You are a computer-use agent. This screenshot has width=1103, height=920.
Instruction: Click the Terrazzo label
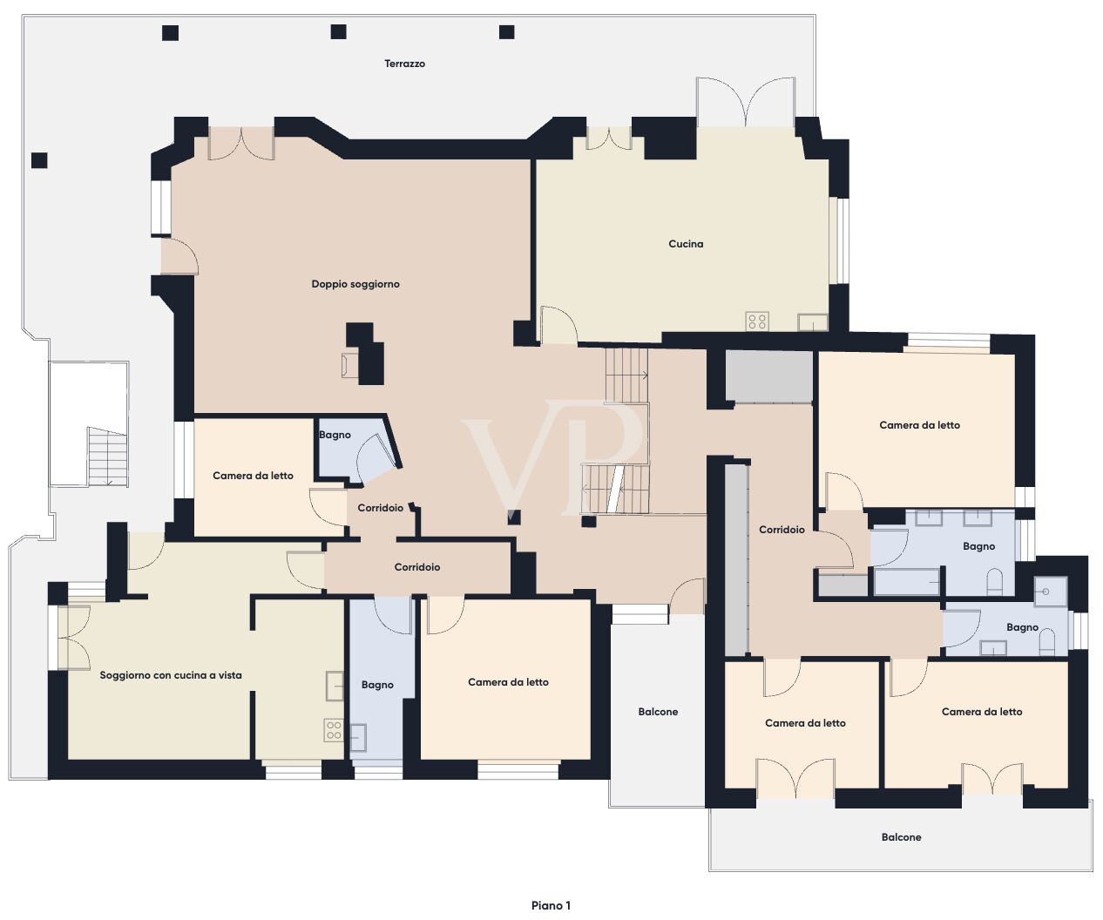coord(404,64)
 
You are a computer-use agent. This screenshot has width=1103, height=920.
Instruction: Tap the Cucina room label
coord(686,244)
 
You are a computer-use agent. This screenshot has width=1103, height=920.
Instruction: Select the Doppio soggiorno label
coord(355,284)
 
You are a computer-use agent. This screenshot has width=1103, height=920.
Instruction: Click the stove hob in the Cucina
coord(757,321)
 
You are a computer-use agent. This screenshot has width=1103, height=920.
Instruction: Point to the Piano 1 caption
coord(551,905)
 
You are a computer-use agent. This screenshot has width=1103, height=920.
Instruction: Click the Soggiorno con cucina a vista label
coord(171,675)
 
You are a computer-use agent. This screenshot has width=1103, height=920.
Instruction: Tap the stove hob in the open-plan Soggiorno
coord(333,730)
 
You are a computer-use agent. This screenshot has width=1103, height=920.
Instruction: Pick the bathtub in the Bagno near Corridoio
coord(907,581)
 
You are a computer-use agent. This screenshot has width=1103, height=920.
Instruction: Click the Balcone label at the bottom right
coord(901,837)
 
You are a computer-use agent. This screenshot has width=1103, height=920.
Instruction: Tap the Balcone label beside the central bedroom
coord(658,712)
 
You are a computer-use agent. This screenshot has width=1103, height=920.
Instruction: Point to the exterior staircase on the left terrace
coord(107,457)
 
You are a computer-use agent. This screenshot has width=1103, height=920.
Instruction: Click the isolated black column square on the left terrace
coord(39,160)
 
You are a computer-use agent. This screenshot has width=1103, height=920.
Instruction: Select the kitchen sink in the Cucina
coord(813,322)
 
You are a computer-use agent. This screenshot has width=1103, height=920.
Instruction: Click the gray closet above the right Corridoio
coord(768,376)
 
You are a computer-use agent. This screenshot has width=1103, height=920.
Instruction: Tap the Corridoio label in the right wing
coord(782,530)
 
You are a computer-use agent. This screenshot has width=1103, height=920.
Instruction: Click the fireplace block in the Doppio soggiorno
coord(366,353)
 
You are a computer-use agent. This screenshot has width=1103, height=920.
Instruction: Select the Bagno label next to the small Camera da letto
coord(335,435)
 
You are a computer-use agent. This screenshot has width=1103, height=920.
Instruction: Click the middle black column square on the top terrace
coord(339,32)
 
